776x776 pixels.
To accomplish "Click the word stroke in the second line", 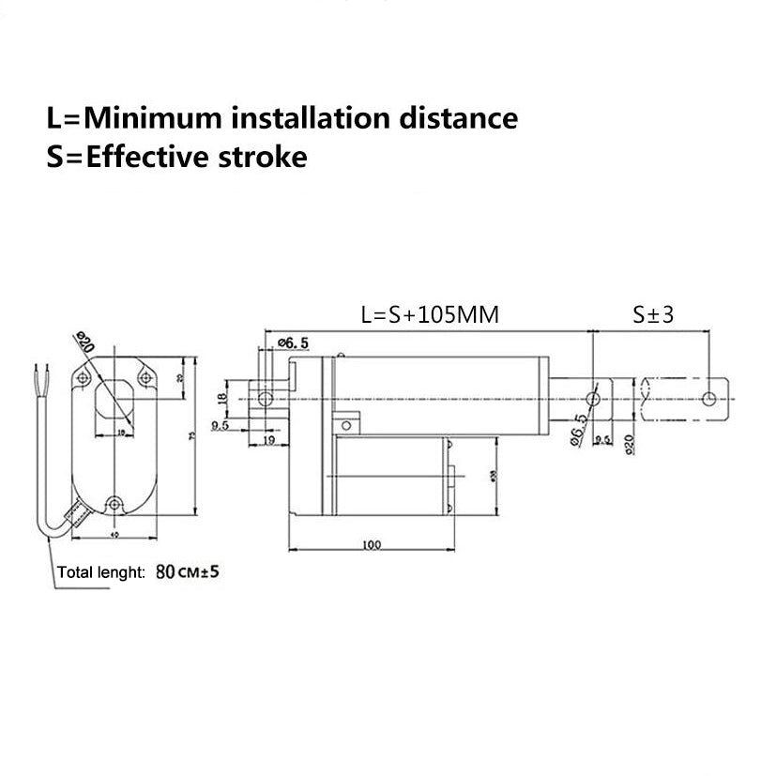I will point(261,156).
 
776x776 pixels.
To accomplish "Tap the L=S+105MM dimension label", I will point(430,315).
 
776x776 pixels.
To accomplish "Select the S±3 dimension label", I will point(653,315).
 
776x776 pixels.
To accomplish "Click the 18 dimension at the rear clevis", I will point(222,397).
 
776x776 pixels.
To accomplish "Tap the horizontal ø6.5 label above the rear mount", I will point(293,344).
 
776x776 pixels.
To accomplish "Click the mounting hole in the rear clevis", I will point(266,399).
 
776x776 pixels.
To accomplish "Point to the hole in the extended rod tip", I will point(710,398).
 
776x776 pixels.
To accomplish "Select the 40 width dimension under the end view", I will point(114,533).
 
